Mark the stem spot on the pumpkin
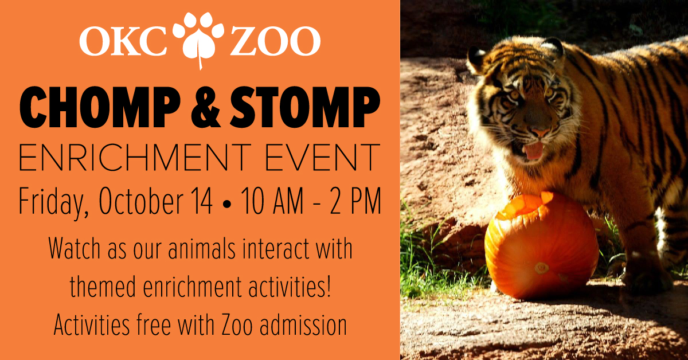pos(541,268)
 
